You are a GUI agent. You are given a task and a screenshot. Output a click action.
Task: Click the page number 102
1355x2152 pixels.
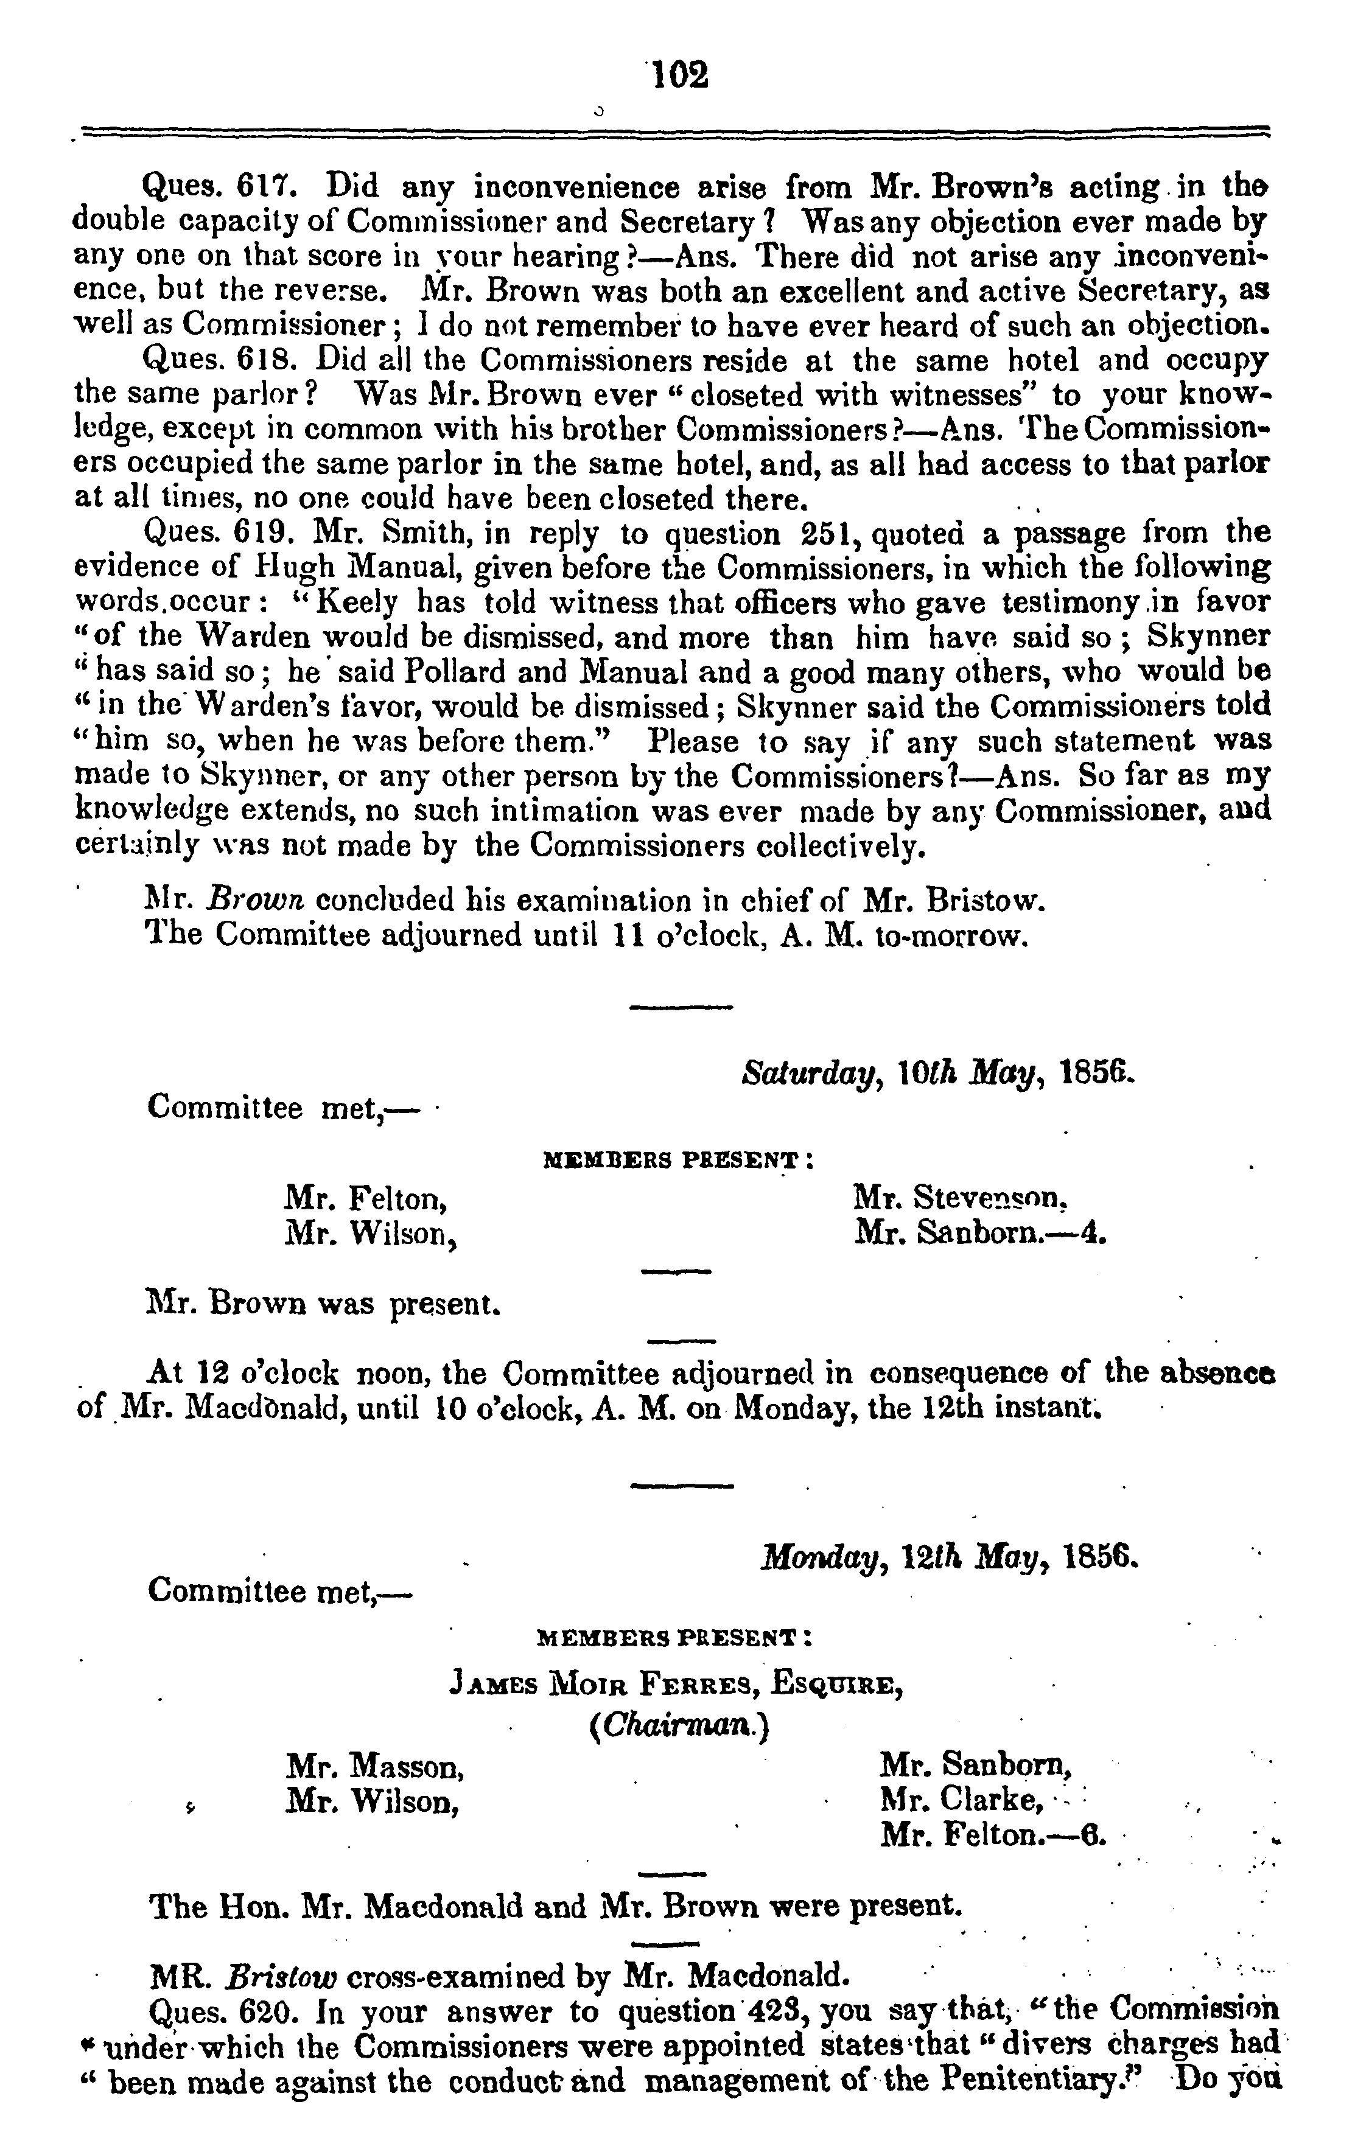pos(681,74)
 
